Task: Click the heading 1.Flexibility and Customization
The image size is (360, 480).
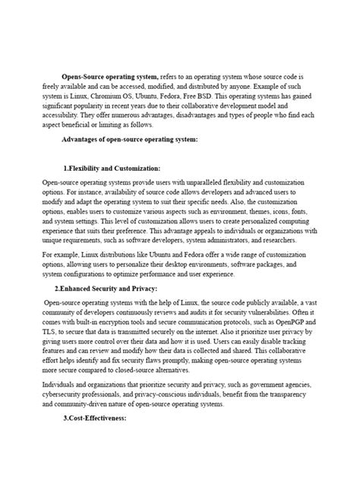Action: [x=112, y=167]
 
